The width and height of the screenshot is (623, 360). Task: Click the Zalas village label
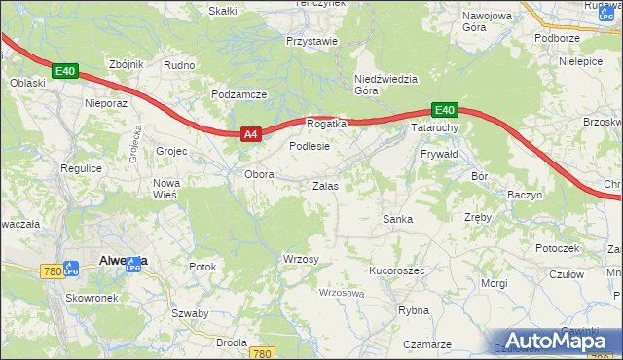(325, 185)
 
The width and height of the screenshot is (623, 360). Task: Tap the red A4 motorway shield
(249, 135)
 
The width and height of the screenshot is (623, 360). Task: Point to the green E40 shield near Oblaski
(65, 71)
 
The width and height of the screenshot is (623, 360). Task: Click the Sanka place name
(397, 219)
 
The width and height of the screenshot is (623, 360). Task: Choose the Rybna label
(414, 310)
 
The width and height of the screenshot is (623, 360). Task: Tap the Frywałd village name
(440, 155)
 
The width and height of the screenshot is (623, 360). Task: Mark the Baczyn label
(525, 195)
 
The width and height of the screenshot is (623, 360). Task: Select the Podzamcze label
(238, 94)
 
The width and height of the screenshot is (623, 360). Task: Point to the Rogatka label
(326, 124)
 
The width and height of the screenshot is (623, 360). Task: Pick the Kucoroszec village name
(396, 270)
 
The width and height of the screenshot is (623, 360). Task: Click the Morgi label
(495, 283)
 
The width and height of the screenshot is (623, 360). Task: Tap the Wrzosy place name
(301, 259)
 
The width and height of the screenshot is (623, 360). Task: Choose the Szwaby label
(190, 313)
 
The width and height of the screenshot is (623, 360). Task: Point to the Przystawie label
(311, 41)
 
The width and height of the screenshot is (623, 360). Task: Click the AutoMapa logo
(560, 341)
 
